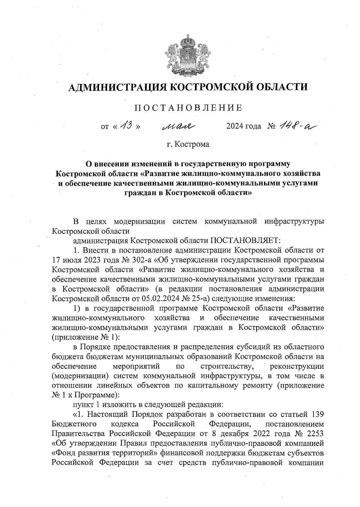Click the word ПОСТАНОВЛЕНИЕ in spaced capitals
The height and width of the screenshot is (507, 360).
point(188,108)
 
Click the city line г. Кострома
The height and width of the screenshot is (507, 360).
point(188,145)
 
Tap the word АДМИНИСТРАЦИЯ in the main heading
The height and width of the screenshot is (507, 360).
point(119,88)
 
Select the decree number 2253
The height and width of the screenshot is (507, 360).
point(315,434)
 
